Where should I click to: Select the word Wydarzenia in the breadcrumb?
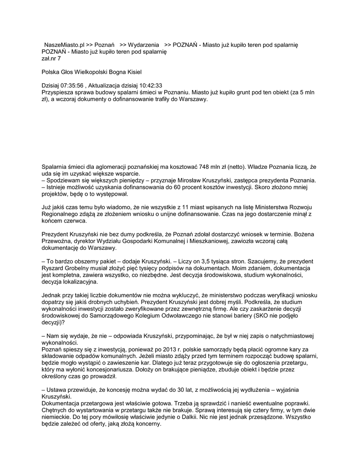point(144,45)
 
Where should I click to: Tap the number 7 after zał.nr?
point(59,58)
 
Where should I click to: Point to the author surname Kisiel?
point(138,72)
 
